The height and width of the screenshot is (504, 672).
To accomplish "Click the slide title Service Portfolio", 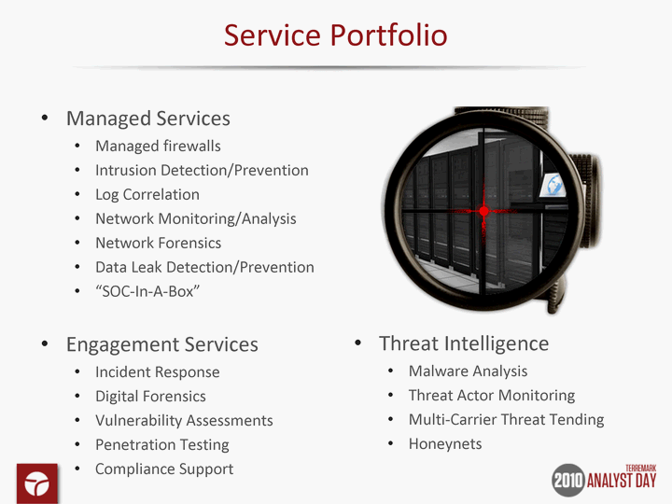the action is point(336,35).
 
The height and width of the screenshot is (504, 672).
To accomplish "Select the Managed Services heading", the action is point(147,119).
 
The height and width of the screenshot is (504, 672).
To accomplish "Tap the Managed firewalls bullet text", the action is point(158,147).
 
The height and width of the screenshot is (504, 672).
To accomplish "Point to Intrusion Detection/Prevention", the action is point(202,170).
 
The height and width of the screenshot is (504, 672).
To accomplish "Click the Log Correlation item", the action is point(147,194).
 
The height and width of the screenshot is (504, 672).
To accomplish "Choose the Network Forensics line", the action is point(158,243).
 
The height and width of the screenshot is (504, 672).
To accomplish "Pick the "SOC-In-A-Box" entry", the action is point(147,291).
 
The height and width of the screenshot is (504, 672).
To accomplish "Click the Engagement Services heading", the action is point(162,344).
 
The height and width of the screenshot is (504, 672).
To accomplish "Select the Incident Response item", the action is point(158,372).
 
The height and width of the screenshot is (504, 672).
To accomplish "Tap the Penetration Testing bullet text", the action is point(162,445).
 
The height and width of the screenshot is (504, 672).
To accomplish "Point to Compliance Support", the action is point(164,469).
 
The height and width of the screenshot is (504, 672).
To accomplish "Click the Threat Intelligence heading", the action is point(464,343).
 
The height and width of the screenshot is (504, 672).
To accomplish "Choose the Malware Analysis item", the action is point(468,371).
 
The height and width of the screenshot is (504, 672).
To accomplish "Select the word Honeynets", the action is point(445,444).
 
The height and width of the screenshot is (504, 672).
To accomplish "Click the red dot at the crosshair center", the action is point(483,211).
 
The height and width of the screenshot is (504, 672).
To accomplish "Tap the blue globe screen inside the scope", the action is point(553,185).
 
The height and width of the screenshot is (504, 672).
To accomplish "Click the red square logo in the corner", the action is point(37,483).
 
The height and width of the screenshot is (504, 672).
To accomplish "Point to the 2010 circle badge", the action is point(568,480).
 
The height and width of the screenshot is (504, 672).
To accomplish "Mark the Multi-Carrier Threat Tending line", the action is point(506,420).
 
